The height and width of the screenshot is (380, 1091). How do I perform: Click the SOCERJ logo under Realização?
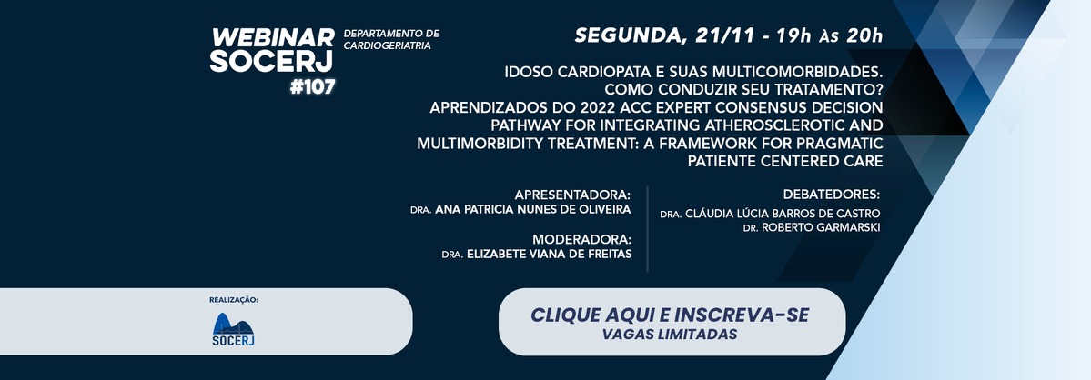[233, 330]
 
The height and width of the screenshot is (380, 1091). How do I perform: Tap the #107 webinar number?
[312, 87]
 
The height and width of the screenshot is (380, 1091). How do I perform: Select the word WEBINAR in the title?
[273, 38]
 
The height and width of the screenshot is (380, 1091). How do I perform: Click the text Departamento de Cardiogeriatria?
[391, 40]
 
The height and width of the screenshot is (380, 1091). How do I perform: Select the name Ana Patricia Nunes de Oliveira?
[533, 210]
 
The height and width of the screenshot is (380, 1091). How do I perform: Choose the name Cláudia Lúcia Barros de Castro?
[783, 214]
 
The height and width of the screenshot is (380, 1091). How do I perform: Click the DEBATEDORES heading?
[832, 195]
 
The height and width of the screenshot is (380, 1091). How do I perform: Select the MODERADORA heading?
[581, 239]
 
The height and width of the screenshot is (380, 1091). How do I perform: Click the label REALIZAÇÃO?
[233, 300]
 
